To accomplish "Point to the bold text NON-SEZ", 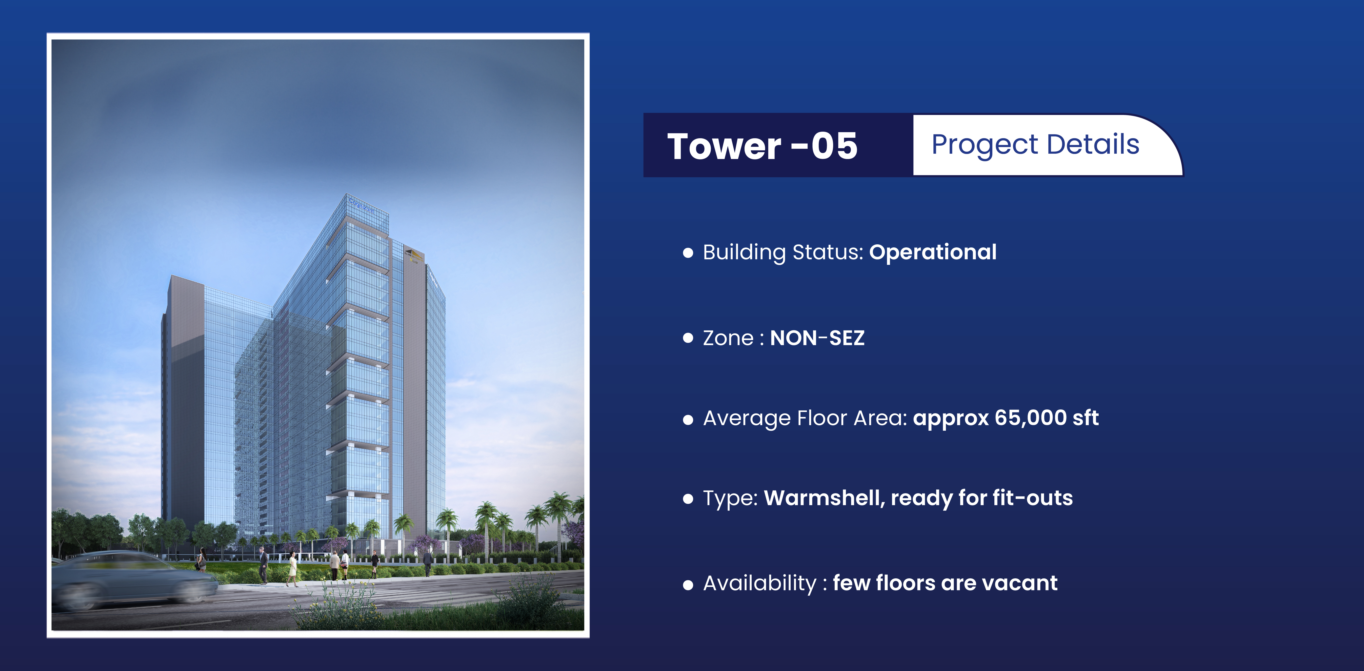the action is [817, 338].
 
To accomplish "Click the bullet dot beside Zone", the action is [688, 338].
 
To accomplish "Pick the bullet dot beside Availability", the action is [688, 585].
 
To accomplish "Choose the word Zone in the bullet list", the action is [728, 338].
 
